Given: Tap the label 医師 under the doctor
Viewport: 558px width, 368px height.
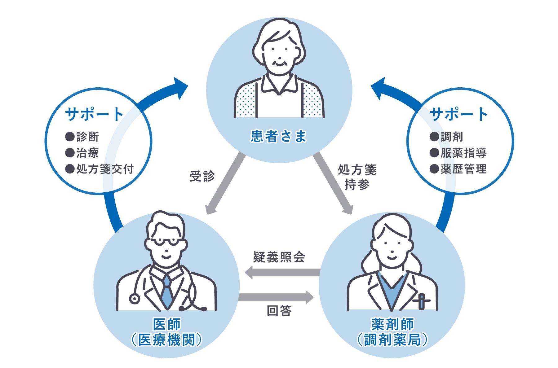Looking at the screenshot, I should pyautogui.click(x=167, y=325).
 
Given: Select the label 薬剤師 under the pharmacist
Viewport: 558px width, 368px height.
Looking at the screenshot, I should pyautogui.click(x=392, y=325).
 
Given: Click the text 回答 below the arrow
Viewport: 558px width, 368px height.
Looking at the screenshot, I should pyautogui.click(x=279, y=311).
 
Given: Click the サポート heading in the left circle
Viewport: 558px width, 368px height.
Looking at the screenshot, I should pyautogui.click(x=95, y=115).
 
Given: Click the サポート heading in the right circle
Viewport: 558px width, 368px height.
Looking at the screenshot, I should pyautogui.click(x=459, y=115).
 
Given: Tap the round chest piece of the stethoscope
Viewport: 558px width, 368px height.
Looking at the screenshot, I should pyautogui.click(x=135, y=299).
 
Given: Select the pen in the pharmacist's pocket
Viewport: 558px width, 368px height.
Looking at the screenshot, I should pyautogui.click(x=422, y=301).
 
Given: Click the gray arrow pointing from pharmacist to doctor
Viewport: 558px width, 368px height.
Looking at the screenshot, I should pyautogui.click(x=282, y=272).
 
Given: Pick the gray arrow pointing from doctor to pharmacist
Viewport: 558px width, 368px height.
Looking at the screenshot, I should pyautogui.click(x=276, y=297).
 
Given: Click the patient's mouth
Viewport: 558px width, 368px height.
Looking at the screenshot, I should pyautogui.click(x=280, y=63).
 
